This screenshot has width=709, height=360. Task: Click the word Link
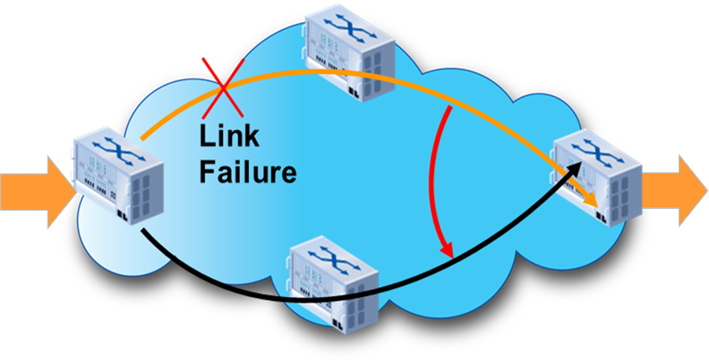[228, 135]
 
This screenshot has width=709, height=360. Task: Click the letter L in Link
[206, 135]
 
